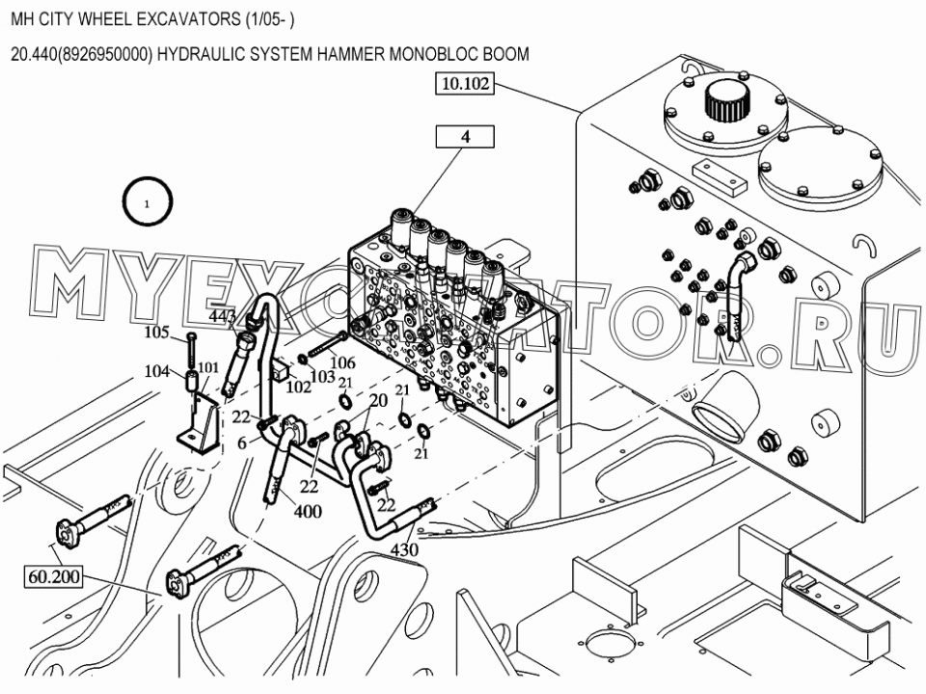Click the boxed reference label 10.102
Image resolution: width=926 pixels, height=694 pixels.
pyautogui.click(x=465, y=83)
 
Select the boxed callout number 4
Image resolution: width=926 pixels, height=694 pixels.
pyautogui.click(x=465, y=137)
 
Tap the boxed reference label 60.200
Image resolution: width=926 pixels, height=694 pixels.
pyautogui.click(x=54, y=576)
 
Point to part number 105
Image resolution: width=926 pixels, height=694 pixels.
pyautogui.click(x=157, y=333)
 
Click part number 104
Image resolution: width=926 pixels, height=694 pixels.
pyautogui.click(x=157, y=371)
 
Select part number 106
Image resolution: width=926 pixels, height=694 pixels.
pyautogui.click(x=342, y=361)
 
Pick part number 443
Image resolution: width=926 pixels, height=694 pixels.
pyautogui.click(x=223, y=317)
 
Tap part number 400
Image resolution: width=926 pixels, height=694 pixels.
pyautogui.click(x=309, y=511)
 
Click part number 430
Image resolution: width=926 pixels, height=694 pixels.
pyautogui.click(x=404, y=550)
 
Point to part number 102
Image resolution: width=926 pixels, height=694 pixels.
pyautogui.click(x=299, y=387)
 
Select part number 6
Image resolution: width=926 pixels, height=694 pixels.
pyautogui.click(x=243, y=442)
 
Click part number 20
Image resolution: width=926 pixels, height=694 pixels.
pyautogui.click(x=378, y=400)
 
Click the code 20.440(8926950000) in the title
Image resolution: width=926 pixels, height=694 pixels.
pyautogui.click(x=82, y=54)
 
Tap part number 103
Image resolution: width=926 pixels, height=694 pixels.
pyautogui.click(x=322, y=376)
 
